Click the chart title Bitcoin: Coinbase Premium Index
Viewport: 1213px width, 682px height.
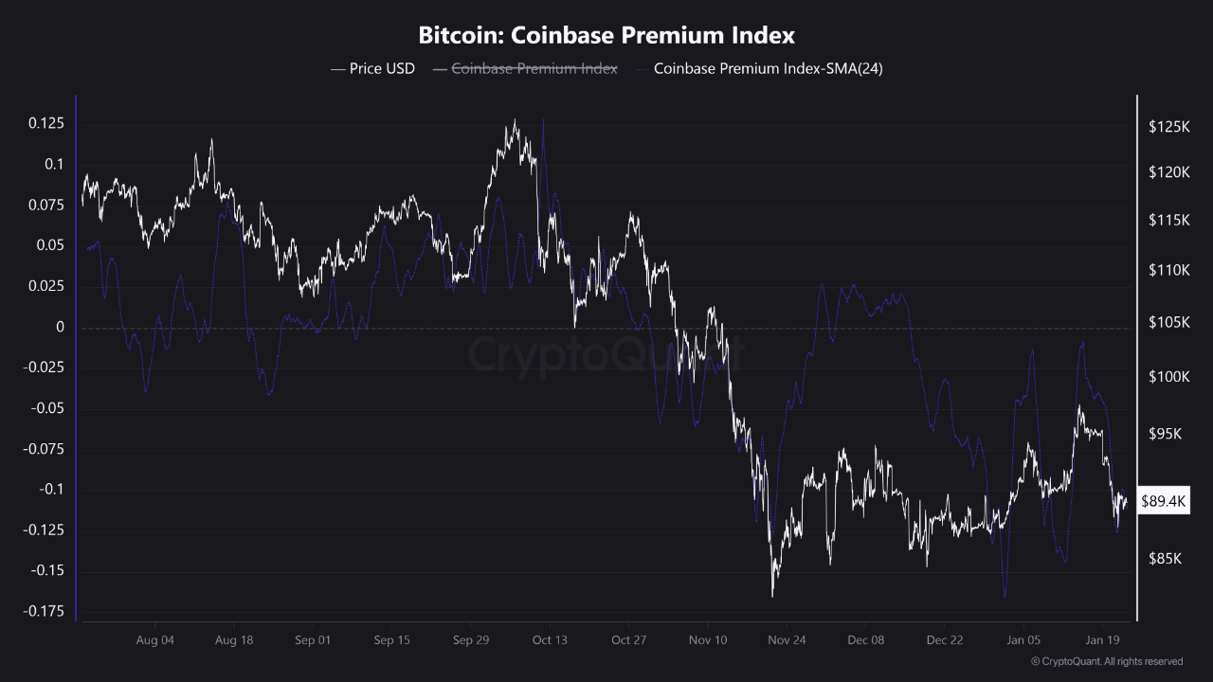[606, 36]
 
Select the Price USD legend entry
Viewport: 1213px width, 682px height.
[372, 68]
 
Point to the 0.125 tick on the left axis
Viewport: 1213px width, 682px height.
[45, 123]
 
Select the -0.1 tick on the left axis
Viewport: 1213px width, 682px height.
[49, 490]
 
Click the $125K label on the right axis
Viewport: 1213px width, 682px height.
[1168, 126]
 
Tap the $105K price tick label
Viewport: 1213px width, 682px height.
[1168, 323]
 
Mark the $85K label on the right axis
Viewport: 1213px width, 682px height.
[1165, 559]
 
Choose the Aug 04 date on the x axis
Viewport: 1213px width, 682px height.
[155, 640]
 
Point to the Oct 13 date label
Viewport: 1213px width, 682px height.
[550, 640]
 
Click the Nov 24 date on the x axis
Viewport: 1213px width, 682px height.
[787, 640]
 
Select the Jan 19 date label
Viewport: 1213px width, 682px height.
[1102, 640]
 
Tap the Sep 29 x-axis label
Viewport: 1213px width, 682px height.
[471, 640]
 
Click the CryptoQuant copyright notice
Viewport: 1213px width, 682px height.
[1107, 661]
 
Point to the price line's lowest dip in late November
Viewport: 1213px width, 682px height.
[773, 595]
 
